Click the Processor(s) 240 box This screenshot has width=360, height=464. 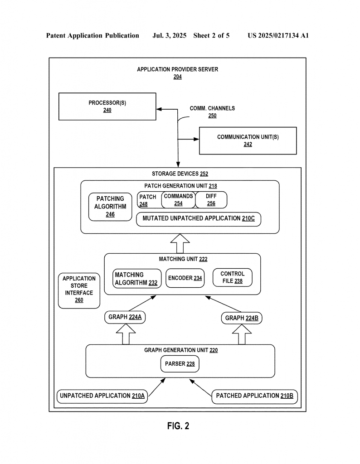coord(107,106)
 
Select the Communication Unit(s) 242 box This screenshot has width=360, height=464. coord(248,140)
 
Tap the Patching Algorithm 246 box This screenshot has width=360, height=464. coord(110,207)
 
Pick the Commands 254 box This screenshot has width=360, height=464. coord(178,200)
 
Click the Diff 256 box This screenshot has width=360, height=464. coord(211,200)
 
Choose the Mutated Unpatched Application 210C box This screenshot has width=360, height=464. coord(198,219)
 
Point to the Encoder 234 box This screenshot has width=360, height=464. coord(185,278)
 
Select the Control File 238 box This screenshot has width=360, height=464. coord(233,278)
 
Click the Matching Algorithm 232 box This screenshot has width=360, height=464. coord(137,279)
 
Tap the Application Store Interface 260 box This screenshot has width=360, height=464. coord(79,290)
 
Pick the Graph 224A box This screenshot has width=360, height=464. coord(125,317)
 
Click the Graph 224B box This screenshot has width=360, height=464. coord(242,318)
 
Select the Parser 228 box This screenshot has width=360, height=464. coord(180,364)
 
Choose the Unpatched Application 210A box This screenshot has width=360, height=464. coord(102,396)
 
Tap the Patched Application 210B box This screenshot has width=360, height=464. coord(255,396)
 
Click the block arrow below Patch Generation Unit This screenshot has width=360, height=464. coord(180,243)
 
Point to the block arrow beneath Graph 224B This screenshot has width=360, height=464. coord(242,334)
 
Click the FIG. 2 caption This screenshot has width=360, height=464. coord(178,426)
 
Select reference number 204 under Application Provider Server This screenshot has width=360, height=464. coord(178,77)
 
